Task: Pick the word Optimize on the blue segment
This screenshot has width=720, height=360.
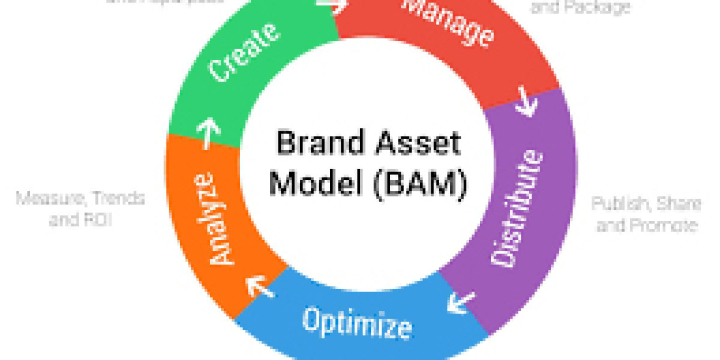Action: point(358,323)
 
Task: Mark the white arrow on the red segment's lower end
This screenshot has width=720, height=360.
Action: point(526,102)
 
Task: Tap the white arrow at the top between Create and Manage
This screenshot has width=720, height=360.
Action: point(332,5)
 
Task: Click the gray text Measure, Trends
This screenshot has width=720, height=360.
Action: point(80,198)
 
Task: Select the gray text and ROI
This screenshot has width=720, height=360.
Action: point(80,220)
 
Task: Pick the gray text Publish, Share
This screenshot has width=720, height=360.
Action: point(646,204)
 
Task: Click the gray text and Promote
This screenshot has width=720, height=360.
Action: point(646,226)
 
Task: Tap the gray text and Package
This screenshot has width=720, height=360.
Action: point(581,7)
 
